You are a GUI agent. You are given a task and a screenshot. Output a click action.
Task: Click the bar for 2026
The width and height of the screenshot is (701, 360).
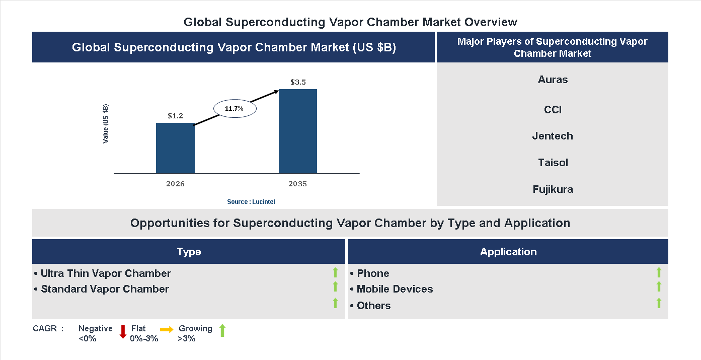click(175, 148)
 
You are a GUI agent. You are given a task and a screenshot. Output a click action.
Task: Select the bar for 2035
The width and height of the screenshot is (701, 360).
click(298, 131)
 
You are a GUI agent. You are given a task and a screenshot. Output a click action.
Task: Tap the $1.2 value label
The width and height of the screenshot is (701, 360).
click(175, 116)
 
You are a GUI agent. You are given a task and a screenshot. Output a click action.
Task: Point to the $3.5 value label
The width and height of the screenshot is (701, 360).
click(298, 82)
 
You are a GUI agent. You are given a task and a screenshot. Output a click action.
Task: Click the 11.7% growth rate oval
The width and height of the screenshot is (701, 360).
click(235, 108)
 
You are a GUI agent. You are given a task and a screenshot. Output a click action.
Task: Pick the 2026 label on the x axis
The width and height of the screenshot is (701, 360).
click(175, 184)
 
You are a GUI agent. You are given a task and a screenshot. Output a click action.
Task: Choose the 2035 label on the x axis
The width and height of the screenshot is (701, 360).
click(298, 184)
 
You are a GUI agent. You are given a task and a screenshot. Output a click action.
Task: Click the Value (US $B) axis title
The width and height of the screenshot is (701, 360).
click(106, 124)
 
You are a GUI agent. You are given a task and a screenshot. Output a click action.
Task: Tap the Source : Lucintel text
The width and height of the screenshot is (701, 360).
click(251, 201)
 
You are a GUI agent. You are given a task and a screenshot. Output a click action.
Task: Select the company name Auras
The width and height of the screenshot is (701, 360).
click(553, 80)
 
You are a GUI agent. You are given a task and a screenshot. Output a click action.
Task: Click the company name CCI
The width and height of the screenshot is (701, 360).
click(553, 110)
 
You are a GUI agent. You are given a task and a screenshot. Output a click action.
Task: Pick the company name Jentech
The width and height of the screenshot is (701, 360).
click(553, 136)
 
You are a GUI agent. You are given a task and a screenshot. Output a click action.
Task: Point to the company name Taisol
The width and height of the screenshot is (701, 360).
click(553, 163)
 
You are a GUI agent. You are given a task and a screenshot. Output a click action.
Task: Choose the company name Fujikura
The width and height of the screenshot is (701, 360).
click(553, 189)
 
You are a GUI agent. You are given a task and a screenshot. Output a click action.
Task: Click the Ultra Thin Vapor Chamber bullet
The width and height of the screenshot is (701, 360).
click(103, 273)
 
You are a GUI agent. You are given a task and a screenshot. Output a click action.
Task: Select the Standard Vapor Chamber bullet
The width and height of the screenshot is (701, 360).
click(102, 289)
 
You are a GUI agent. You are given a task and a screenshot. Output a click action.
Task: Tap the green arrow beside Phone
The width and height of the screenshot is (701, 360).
click(659, 272)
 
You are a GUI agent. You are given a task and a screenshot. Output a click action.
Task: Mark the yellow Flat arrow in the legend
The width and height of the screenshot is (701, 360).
click(167, 329)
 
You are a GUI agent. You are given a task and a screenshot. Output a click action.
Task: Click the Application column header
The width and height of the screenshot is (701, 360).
click(508, 252)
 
